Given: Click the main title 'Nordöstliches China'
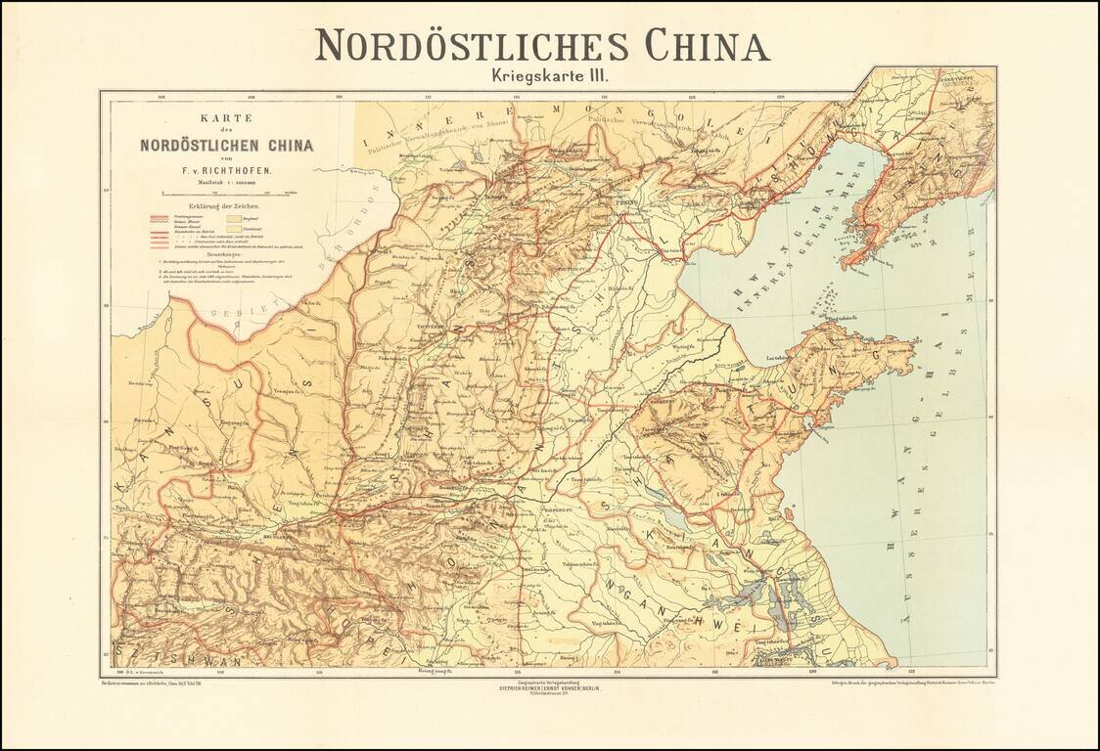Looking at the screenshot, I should coord(542,46).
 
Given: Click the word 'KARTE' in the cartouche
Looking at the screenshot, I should coord(226,117).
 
